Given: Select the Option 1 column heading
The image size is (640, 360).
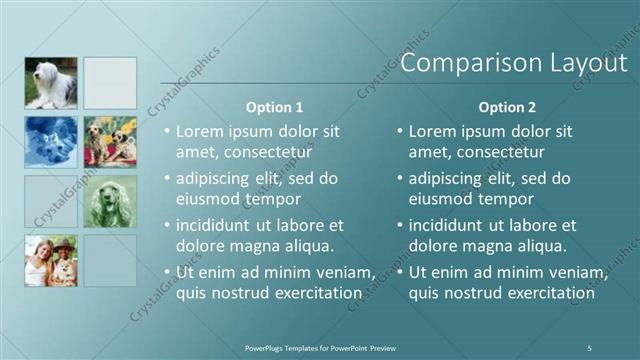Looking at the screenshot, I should pyautogui.click(x=274, y=107).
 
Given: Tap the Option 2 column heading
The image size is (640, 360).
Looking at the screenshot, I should pyautogui.click(x=507, y=107).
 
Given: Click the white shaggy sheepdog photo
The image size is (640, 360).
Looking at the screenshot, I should pyautogui.click(x=50, y=83).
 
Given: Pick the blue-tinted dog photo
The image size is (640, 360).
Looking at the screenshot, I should pyautogui.click(x=50, y=142).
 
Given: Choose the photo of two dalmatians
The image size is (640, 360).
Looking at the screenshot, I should pyautogui.click(x=110, y=142).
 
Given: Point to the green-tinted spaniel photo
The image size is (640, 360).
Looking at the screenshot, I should pyautogui.click(x=110, y=202).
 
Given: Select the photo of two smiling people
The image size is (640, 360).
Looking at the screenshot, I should pyautogui.click(x=50, y=260).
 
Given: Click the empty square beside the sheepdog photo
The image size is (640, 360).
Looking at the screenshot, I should pyautogui.click(x=110, y=83).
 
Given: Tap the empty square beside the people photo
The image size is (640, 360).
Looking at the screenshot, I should pyautogui.click(x=110, y=260).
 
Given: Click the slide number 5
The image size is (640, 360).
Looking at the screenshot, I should pyautogui.click(x=589, y=347).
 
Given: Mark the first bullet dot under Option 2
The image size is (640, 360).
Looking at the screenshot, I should pyautogui.click(x=399, y=131).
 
